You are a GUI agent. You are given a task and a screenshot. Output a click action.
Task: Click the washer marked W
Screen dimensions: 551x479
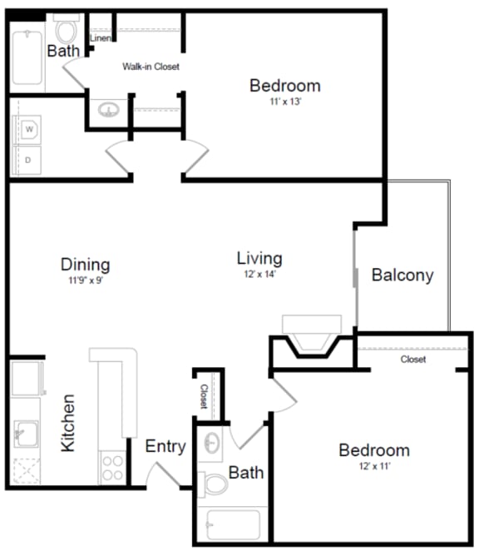pos(29,129)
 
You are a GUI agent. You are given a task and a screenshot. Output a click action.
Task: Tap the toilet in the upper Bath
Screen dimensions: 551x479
pos(66,32)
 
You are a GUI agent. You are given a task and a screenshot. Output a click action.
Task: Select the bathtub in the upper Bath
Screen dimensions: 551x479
pos(27,57)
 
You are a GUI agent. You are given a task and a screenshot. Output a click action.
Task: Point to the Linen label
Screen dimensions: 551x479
pos(100,38)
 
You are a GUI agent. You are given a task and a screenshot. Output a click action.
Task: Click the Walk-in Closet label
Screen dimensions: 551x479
pos(151,67)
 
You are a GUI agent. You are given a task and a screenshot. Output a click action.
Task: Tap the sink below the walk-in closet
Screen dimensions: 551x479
pos(108,110)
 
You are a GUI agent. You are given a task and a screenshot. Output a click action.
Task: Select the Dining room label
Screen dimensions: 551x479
pos(85,265)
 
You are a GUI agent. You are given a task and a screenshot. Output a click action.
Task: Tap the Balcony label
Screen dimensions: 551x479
pos(402,275)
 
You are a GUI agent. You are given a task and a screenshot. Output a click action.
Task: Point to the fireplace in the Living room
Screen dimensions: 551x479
pos(312,336)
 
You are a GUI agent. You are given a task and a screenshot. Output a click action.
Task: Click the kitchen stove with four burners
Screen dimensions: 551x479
pos(111,468)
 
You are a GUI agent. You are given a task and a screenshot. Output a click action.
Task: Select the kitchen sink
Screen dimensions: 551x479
pos(25,433)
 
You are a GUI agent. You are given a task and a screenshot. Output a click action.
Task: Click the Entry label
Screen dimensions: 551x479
pos(165,447)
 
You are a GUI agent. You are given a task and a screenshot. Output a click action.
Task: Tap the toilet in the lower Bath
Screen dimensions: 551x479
pos(215,484)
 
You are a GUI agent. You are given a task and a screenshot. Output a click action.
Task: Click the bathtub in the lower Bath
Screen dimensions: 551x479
pos(232,524)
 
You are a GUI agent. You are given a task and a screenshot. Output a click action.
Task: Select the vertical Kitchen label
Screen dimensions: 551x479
pos(68,423)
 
